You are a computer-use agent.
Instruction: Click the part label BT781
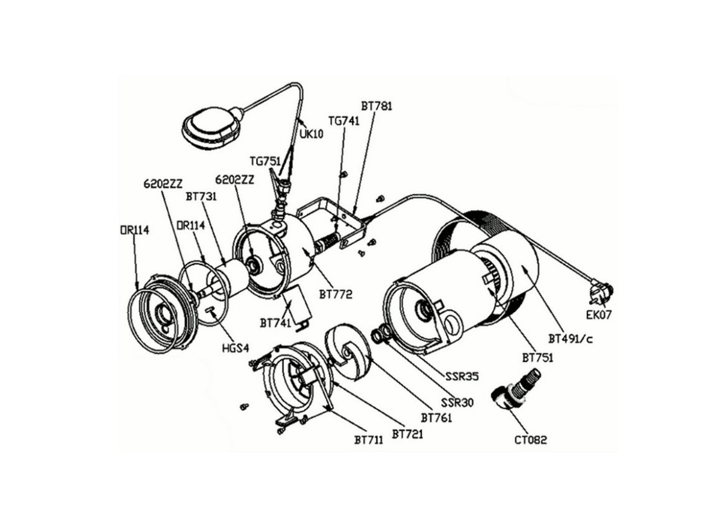coord(377,106)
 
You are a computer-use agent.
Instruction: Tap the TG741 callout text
coord(344,121)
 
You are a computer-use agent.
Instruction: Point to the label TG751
coord(265,161)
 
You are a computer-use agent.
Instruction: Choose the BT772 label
coord(336,295)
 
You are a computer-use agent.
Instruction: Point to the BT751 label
coord(537,357)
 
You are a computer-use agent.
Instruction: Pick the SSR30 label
coord(457,402)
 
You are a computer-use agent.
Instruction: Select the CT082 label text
coord(530,440)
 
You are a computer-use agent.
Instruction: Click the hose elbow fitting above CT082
coord(516,389)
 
